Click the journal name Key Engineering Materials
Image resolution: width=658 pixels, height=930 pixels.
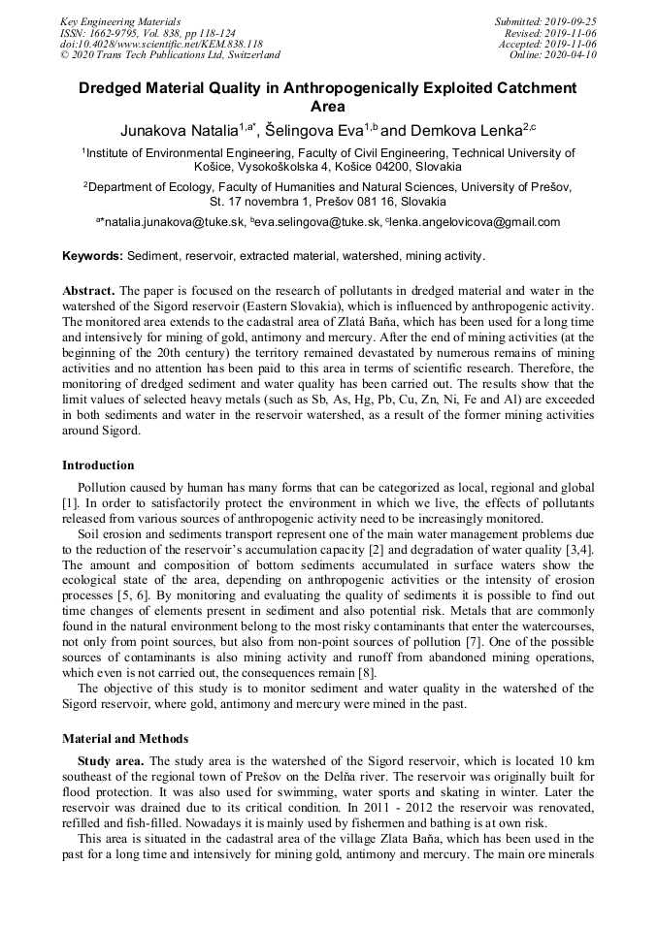[119, 21]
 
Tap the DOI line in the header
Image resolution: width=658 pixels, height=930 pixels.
[161, 44]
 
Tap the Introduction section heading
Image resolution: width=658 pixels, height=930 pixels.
[98, 465]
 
